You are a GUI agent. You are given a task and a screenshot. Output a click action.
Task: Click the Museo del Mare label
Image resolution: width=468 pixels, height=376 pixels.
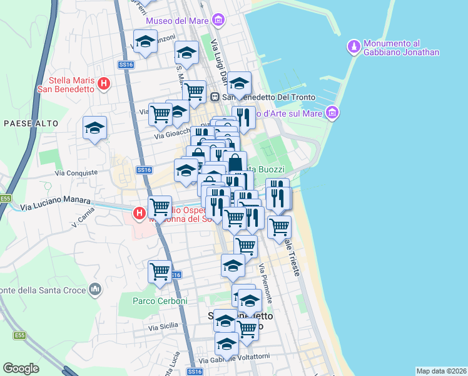point(178,21)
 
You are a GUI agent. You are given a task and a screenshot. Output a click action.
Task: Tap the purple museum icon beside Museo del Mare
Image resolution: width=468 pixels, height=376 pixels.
point(218,21)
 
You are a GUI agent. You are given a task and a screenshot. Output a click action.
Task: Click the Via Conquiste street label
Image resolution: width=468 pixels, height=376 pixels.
point(76,172)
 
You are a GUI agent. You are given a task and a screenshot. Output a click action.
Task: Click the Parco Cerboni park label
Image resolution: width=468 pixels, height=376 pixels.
point(160,301)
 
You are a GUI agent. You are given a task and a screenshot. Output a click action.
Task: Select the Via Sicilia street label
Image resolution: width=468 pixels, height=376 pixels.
point(163,327)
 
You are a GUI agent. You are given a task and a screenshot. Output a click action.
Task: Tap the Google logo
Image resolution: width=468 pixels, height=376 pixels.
point(21,368)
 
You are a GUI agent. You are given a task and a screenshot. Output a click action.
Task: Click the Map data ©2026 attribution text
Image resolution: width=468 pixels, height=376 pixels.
point(440,370)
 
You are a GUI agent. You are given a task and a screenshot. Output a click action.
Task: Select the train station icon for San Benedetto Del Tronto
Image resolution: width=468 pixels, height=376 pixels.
point(215,97)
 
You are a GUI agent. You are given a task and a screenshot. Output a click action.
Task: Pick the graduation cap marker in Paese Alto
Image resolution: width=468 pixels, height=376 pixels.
point(95,128)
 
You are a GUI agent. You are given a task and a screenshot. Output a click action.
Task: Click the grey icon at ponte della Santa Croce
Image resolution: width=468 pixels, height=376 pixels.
point(95,289)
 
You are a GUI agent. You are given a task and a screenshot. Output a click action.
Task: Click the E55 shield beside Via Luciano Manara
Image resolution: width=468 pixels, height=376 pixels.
point(6,198)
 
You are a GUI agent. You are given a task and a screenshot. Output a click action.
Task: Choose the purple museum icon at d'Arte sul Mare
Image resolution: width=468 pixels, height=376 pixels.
point(333,113)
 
